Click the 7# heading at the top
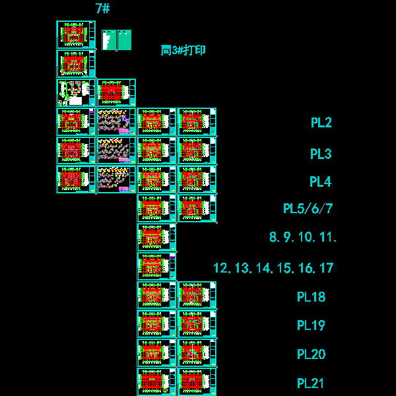(102, 9)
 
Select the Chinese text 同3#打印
(183, 50)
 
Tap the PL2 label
(321, 122)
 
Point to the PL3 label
(321, 154)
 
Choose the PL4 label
(320, 182)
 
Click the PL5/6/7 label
(308, 209)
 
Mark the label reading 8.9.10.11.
(303, 237)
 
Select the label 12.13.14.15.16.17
(273, 268)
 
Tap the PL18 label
(311, 297)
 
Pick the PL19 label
(311, 325)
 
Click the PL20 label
(311, 354)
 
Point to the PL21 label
(311, 383)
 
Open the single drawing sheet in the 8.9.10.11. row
(157, 237)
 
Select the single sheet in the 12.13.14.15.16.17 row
(157, 266)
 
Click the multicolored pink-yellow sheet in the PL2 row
(116, 121)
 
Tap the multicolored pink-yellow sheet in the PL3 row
(116, 150)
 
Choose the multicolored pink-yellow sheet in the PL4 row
(116, 180)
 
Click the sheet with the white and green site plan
(76, 92)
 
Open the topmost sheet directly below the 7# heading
(76, 34)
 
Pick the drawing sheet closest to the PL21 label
(197, 382)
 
